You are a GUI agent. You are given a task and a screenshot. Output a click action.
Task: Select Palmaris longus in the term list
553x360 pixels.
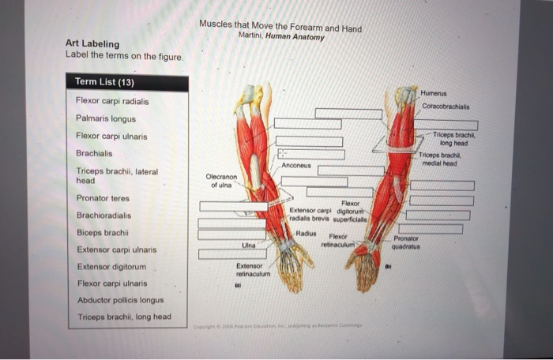106,118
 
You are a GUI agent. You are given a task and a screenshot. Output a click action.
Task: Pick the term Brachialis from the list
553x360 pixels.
94,153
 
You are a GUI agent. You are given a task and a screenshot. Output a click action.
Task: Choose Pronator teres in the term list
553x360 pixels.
103,198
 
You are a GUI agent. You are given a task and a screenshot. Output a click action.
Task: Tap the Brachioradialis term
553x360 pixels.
103,216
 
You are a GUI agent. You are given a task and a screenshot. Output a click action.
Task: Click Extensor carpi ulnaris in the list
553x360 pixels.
116,249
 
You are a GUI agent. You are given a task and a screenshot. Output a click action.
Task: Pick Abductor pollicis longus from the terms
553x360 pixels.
120,300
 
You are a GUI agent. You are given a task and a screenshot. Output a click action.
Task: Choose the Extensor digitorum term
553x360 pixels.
111,267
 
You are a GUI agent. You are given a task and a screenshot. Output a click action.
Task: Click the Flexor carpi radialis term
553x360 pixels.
112,101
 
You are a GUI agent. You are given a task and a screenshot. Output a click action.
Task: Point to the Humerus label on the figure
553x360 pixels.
433,93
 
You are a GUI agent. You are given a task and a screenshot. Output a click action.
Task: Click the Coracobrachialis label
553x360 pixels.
446,106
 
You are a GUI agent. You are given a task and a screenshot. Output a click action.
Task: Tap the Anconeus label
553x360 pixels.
295,166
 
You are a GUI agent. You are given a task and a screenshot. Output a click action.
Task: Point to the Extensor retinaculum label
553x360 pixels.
253,270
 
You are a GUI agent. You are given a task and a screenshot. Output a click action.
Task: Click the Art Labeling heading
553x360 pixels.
92,44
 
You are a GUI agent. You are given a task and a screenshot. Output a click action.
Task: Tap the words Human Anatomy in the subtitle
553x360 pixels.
295,37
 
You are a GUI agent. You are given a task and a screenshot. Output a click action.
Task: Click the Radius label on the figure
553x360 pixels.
306,234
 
